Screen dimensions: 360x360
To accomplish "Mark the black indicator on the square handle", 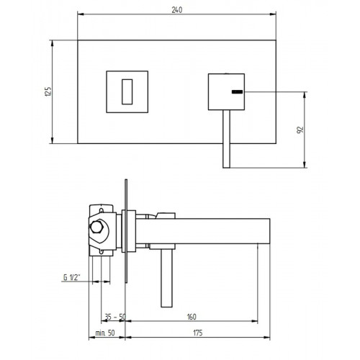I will click(235, 92).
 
